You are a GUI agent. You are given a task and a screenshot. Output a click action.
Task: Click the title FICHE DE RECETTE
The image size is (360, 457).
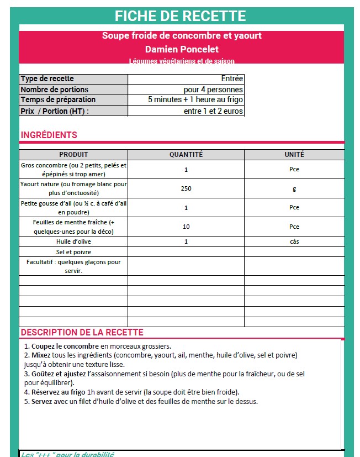181,16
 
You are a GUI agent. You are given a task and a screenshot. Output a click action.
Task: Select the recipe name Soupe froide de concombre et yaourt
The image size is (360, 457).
182,36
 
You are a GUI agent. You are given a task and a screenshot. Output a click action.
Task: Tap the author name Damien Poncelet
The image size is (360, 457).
182,49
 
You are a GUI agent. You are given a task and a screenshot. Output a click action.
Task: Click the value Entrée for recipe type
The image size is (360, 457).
231,79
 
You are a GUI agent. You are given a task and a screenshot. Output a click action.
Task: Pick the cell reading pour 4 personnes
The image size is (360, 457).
213,90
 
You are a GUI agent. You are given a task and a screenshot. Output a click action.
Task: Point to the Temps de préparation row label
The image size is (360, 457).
58,100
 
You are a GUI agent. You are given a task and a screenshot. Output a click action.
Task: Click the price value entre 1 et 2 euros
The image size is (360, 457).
213,111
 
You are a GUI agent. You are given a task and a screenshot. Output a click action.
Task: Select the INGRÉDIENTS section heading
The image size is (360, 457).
49,135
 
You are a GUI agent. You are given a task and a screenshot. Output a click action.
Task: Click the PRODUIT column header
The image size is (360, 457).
73,155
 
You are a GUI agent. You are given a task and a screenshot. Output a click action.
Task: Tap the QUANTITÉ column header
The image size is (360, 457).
186,155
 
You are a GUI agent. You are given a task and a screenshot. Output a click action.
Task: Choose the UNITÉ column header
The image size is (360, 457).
294,155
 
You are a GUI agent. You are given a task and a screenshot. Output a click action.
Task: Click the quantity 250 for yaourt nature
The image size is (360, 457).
186,188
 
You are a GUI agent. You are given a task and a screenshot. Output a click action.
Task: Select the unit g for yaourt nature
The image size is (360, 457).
294,188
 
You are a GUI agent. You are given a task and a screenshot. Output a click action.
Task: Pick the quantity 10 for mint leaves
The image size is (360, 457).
186,227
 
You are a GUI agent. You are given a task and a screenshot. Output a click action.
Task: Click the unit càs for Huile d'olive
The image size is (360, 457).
294,241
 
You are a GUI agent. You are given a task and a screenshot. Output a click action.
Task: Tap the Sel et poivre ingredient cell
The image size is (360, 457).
73,252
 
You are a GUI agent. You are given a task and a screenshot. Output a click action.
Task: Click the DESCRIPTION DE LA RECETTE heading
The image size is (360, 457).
82,333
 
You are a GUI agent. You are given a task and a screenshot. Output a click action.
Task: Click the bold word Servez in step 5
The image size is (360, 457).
42,401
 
